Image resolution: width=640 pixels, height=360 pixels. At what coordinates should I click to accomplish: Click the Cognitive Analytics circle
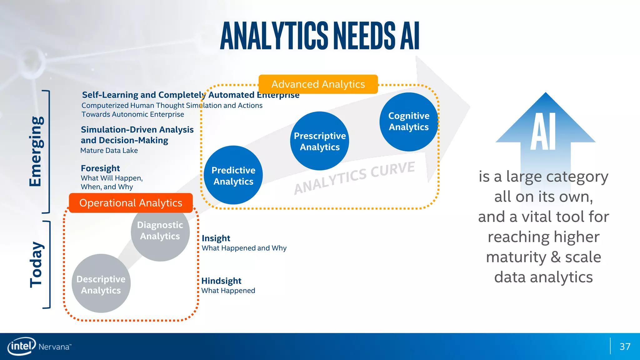pyautogui.click(x=408, y=122)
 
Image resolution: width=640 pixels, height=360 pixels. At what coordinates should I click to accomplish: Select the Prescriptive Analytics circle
pyautogui.click(x=319, y=141)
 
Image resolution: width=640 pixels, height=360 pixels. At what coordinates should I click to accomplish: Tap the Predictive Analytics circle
pyautogui.click(x=233, y=176)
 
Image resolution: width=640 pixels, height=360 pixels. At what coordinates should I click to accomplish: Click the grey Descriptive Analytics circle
pyautogui.click(x=101, y=284)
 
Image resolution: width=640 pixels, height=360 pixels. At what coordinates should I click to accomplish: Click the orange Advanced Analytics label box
pyautogui.click(x=318, y=84)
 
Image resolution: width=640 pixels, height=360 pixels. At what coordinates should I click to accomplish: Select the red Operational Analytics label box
pyautogui.click(x=131, y=203)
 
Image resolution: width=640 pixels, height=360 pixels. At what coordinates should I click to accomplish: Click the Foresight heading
pyautogui.click(x=100, y=168)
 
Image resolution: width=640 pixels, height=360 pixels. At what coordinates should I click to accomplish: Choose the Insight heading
pyautogui.click(x=216, y=238)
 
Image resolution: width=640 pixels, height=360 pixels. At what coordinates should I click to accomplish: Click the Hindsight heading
pyautogui.click(x=221, y=281)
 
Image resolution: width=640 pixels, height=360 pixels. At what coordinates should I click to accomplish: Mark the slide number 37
pyautogui.click(x=625, y=347)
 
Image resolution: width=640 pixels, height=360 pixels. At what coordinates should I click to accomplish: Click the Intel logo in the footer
pyautogui.click(x=21, y=346)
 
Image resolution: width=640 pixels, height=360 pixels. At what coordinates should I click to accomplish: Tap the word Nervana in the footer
pyautogui.click(x=54, y=347)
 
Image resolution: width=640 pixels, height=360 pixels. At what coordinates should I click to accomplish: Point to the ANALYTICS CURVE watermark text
pyautogui.click(x=354, y=177)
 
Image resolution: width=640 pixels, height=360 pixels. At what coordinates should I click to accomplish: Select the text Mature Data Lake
pyautogui.click(x=109, y=151)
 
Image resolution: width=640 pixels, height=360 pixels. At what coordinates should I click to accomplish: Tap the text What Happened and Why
pyautogui.click(x=244, y=248)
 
